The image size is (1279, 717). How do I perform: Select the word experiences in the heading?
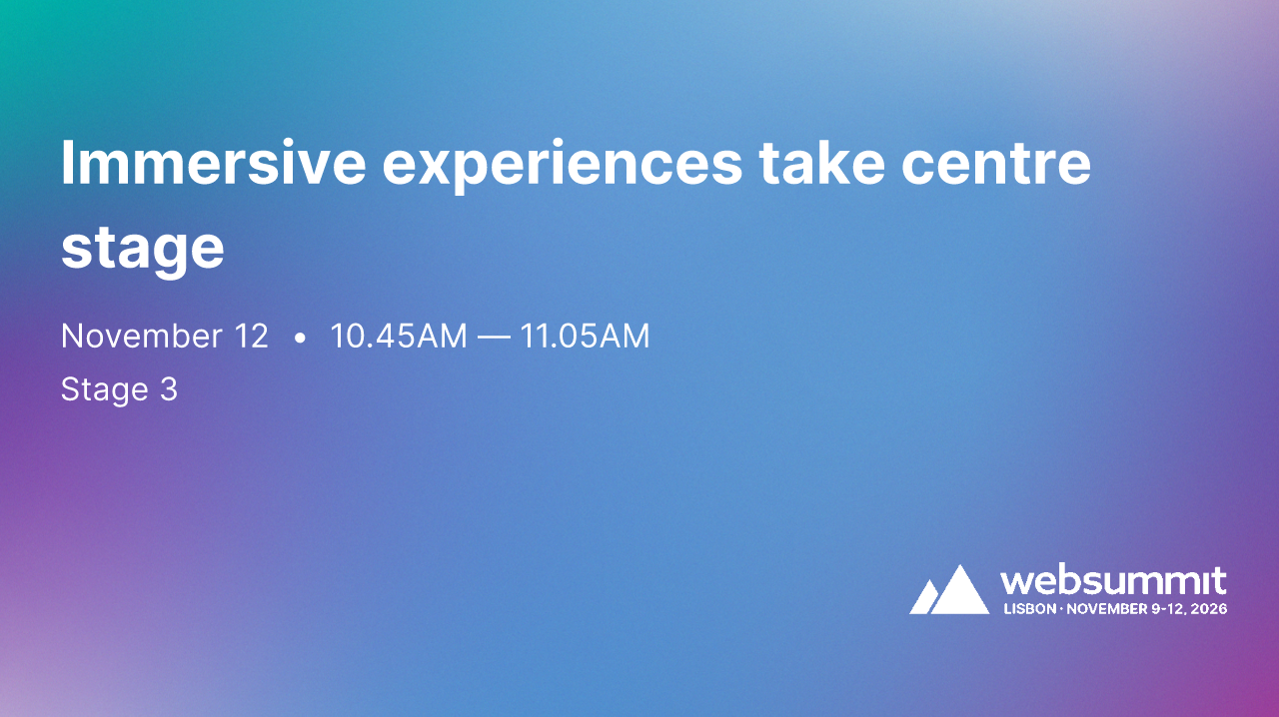(x=563, y=165)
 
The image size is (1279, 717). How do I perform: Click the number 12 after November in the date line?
(x=250, y=337)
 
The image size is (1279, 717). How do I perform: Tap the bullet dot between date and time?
(x=300, y=339)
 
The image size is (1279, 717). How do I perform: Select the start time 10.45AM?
(x=399, y=337)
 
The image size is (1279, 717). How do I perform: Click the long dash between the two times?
(x=494, y=338)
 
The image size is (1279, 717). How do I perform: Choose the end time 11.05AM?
(x=585, y=337)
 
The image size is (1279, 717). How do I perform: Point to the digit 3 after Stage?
(x=168, y=389)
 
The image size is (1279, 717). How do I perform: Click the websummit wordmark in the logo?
(x=1113, y=581)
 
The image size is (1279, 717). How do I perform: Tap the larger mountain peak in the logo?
(x=960, y=591)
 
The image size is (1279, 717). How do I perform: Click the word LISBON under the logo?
(x=1029, y=608)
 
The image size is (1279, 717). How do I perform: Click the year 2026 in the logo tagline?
(x=1210, y=608)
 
